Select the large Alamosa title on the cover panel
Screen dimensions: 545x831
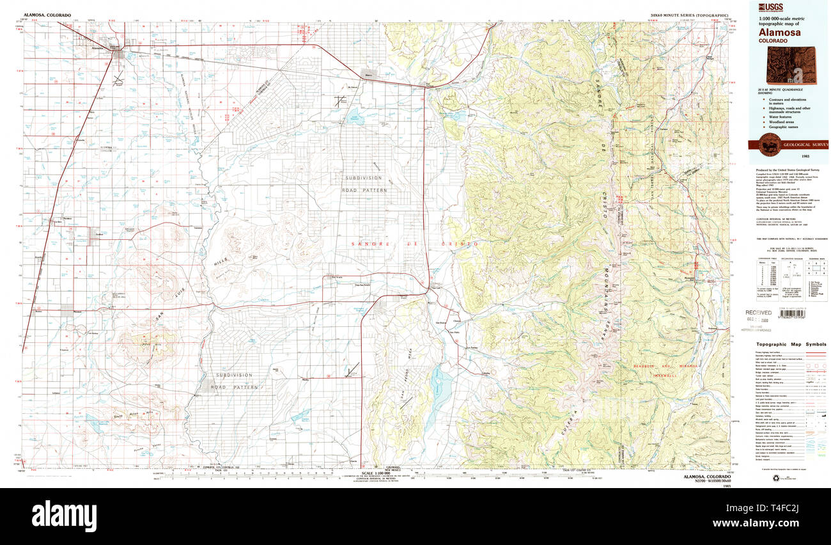coord(777,31)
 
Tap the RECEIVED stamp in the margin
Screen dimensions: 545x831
coord(759,312)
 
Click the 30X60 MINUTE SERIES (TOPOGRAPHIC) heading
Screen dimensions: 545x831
coord(688,15)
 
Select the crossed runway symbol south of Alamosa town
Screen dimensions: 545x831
coord(118,79)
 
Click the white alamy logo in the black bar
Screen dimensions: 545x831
coord(64,514)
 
